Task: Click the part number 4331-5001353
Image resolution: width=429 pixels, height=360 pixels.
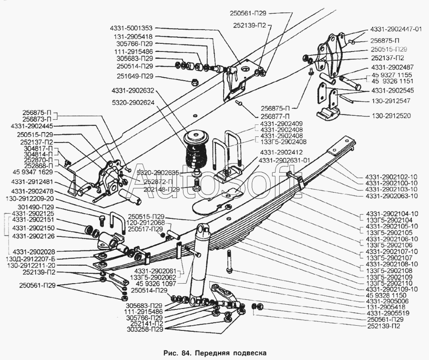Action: coord(132,28)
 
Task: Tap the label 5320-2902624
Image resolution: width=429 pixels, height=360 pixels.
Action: coord(133,103)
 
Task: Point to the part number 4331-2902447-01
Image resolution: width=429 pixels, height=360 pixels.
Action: coord(396,29)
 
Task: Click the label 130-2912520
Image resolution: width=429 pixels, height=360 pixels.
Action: coord(391,116)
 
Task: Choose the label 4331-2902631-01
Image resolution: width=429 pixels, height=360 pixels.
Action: coord(285,160)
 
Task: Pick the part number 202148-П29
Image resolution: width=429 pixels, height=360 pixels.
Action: coord(159,189)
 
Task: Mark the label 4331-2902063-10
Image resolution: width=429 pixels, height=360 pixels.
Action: coord(391,196)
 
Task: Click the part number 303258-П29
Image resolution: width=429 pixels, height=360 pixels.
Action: coord(145,329)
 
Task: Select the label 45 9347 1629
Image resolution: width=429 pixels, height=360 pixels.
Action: coord(32,172)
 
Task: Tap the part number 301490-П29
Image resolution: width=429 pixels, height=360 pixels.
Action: coord(36,207)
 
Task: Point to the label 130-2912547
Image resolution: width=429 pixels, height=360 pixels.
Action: coord(391,101)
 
